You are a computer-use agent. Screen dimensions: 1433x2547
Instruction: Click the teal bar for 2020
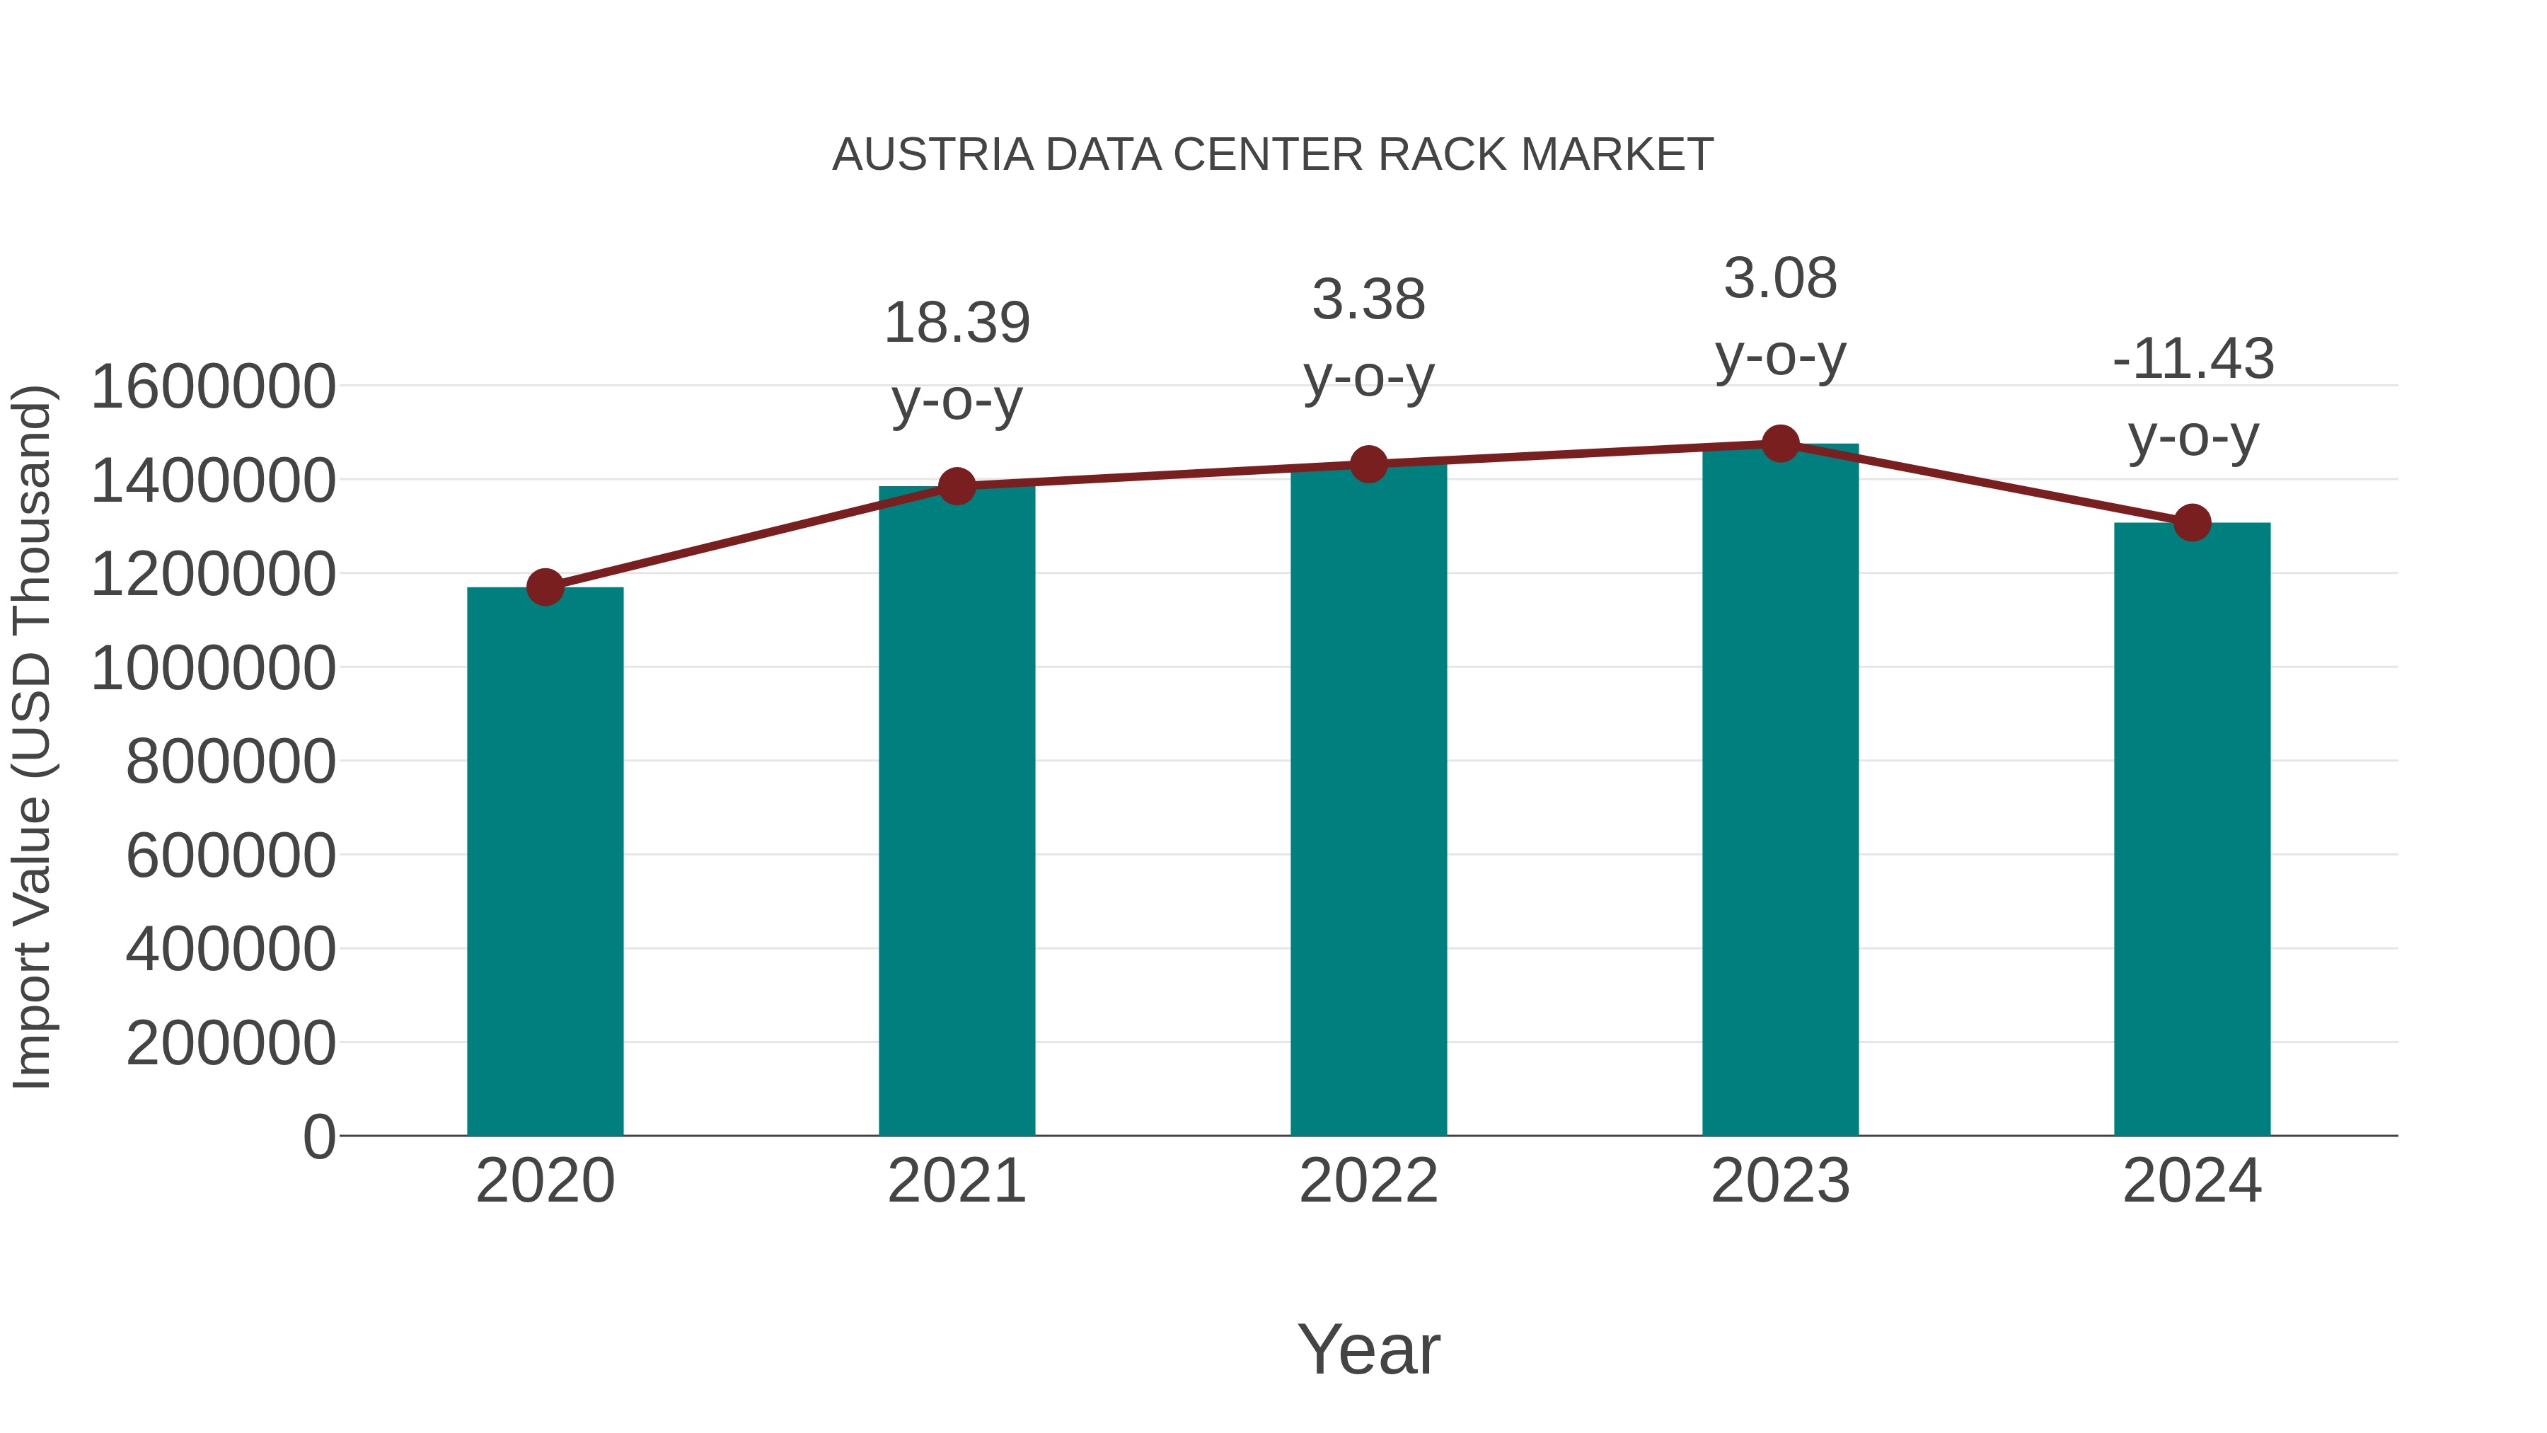coord(545,861)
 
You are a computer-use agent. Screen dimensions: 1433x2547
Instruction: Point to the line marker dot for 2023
coord(1781,444)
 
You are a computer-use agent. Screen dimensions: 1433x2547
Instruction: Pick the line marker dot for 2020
coord(545,587)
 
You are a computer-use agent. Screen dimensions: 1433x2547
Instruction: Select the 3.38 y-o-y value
coord(1368,299)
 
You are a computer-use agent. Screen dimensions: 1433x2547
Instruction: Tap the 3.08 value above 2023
coord(1781,278)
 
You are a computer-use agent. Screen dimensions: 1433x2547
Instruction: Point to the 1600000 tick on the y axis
coord(212,386)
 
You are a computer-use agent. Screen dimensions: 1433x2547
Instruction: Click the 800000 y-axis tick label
coord(231,761)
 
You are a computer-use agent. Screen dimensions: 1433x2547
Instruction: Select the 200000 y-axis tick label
coord(231,1042)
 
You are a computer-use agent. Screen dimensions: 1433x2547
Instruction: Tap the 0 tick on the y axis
coord(318,1136)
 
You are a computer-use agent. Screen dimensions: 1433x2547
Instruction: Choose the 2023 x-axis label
coord(1781,1181)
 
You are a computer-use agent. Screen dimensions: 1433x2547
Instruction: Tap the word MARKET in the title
coord(1617,155)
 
